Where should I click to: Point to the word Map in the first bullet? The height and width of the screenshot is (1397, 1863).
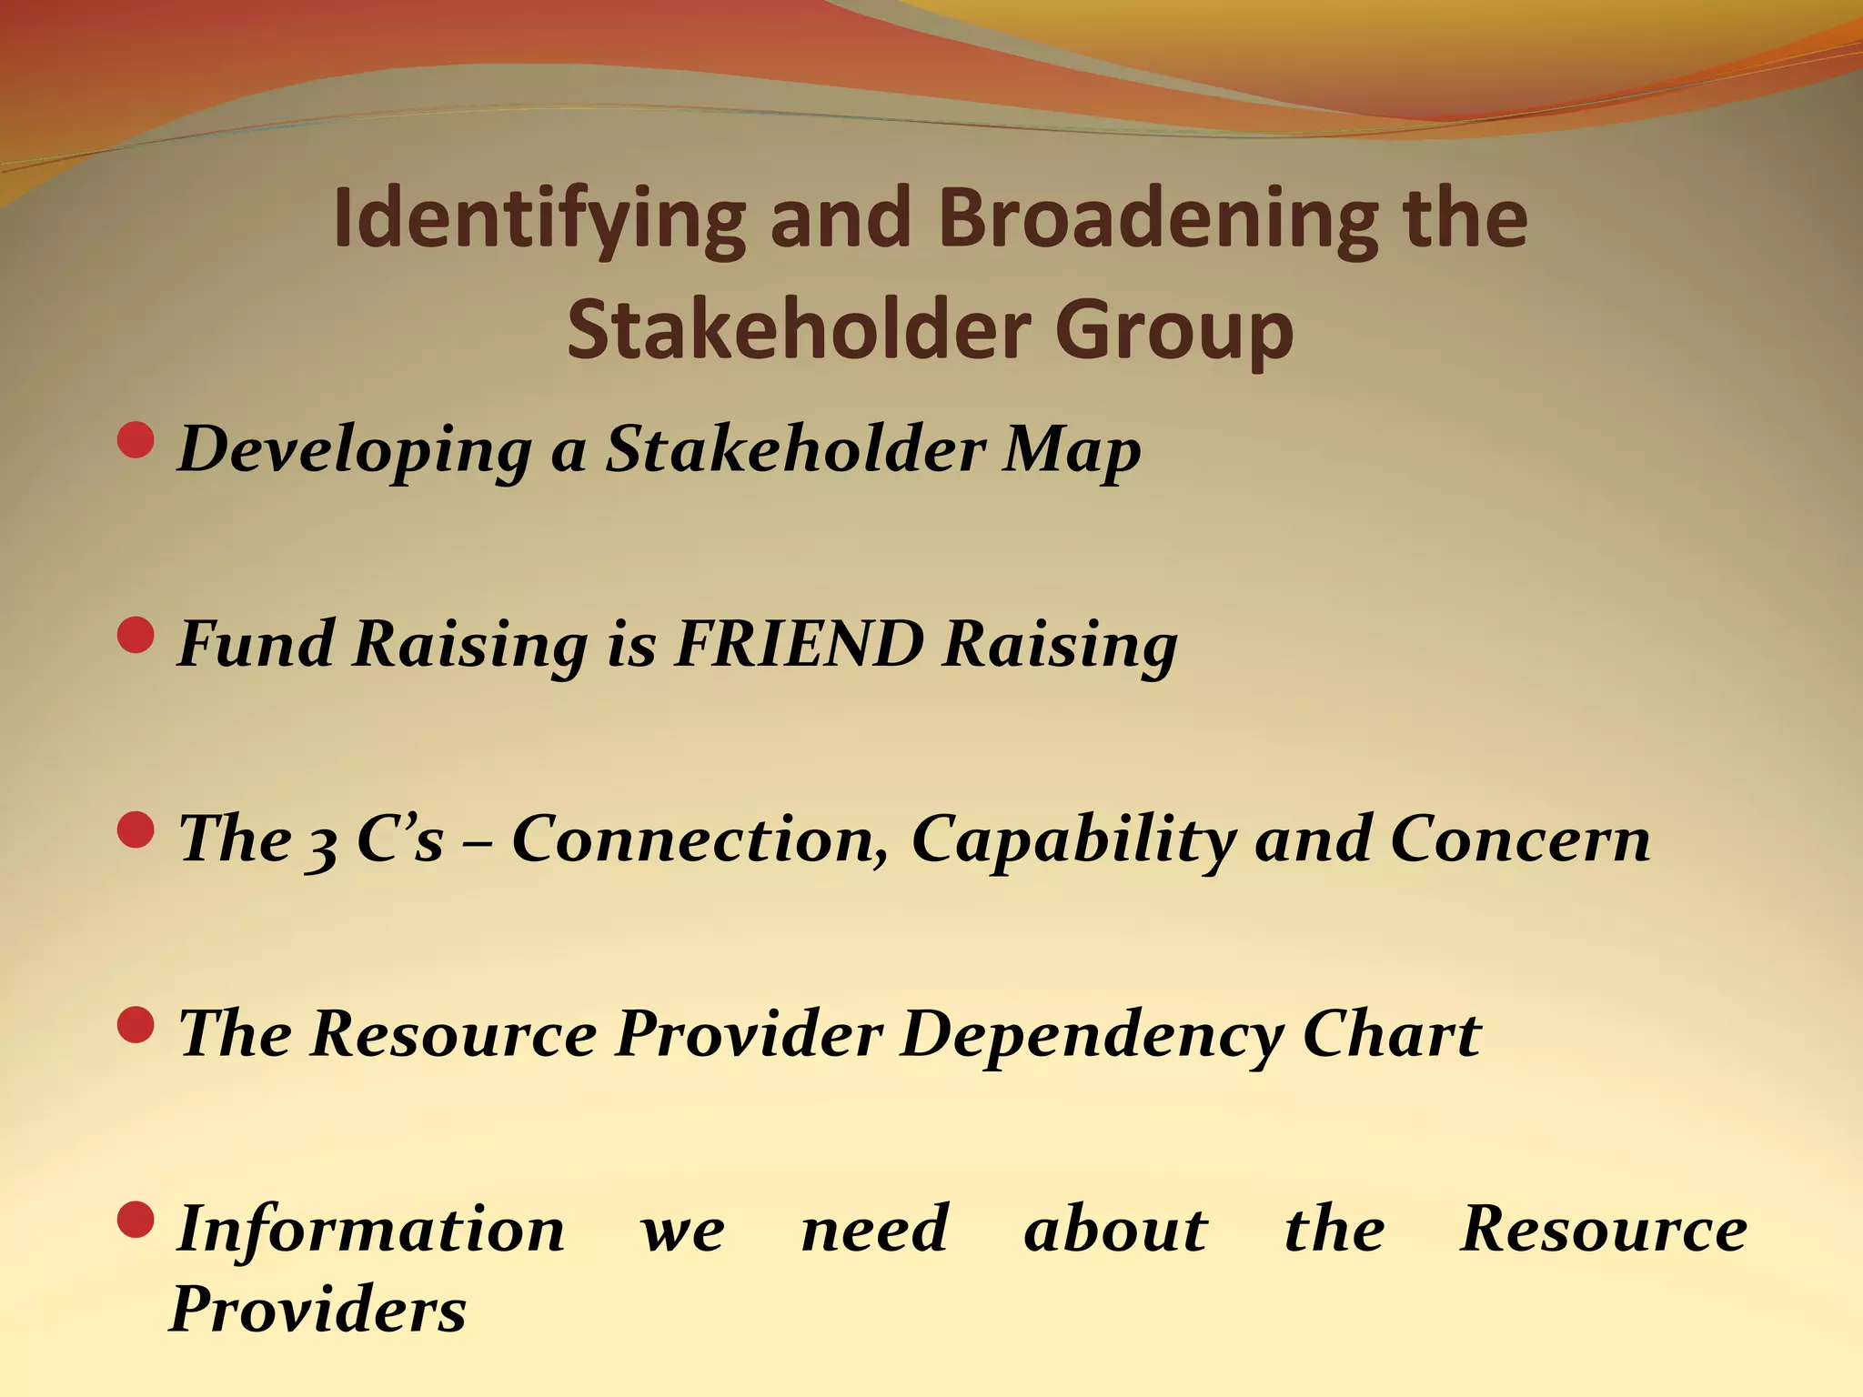(1071, 450)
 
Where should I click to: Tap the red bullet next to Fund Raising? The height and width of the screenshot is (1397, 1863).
(136, 635)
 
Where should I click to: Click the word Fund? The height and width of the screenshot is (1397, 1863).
(256, 644)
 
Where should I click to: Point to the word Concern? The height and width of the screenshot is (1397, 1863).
(1520, 839)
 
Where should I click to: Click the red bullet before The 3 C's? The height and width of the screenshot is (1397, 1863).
(136, 829)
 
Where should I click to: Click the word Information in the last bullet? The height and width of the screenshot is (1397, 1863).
(370, 1229)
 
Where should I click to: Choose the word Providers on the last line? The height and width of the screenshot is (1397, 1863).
(318, 1310)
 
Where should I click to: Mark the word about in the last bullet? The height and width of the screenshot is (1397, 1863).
(1115, 1229)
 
